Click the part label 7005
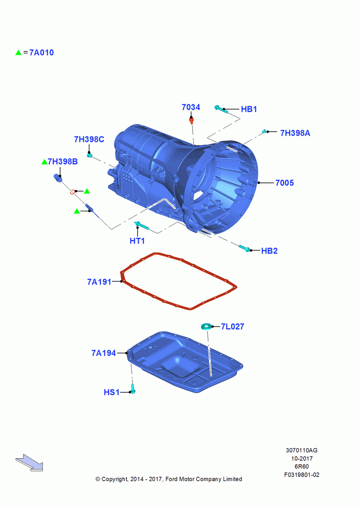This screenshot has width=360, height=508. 284,183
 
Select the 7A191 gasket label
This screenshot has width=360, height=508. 99,282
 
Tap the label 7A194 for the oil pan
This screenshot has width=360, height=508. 103,353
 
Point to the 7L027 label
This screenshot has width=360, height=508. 232,327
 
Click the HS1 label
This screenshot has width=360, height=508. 111,392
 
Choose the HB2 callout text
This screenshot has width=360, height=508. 269,251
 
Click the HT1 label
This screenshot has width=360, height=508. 137,241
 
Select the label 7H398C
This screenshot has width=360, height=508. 89,139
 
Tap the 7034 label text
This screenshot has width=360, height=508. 191,107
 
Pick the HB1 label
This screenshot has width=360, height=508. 249,109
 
